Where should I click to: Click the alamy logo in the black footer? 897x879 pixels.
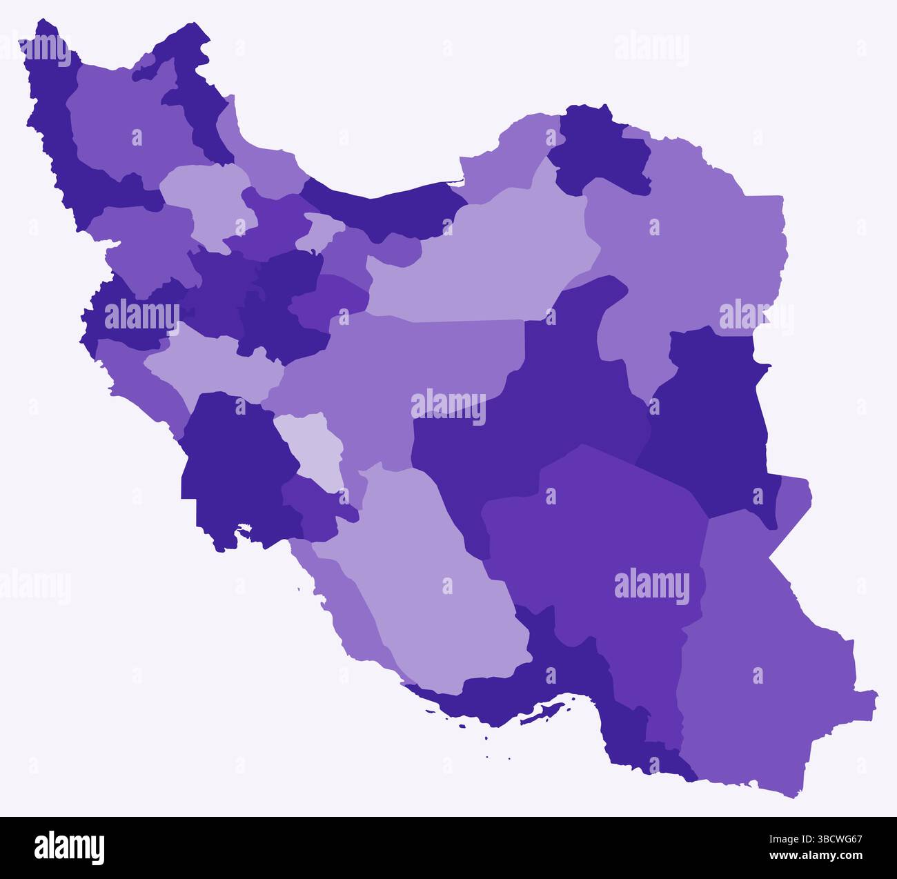[x=69, y=847]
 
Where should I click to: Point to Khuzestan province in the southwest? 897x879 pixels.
[x=235, y=469]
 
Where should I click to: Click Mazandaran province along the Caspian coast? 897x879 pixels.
[x=386, y=207]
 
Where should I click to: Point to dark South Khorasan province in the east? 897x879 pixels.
[x=711, y=428]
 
